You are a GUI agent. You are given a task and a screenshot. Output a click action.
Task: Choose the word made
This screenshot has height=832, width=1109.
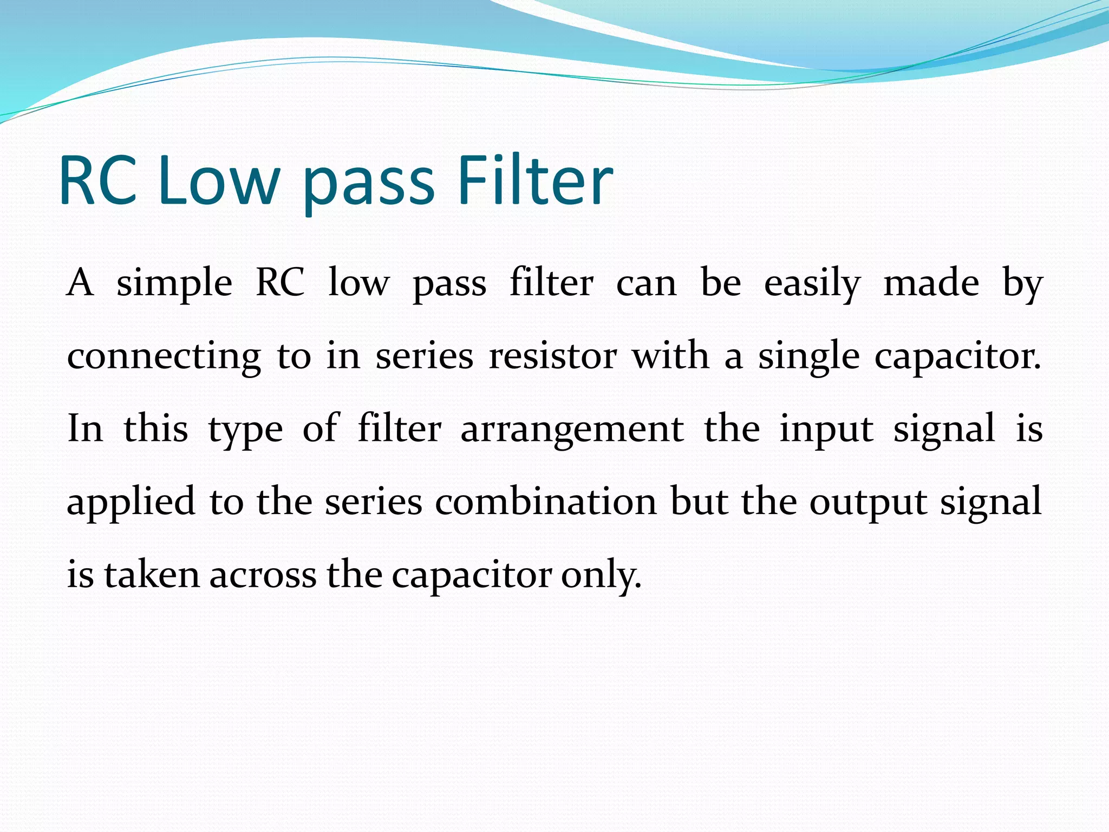point(931,283)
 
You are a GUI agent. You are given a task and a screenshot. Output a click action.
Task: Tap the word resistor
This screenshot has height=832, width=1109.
point(552,356)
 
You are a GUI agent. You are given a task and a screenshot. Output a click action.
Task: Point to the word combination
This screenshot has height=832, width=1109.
point(546,501)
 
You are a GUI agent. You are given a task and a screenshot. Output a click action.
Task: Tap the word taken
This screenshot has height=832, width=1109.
point(152,574)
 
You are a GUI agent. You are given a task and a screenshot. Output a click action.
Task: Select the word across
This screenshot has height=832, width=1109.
point(263,575)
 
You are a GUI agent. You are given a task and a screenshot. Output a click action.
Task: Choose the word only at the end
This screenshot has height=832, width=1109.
point(601,575)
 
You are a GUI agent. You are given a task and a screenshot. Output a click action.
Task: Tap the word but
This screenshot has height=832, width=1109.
point(699,501)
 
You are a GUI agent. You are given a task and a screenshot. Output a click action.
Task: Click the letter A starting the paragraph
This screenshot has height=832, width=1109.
point(80,283)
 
